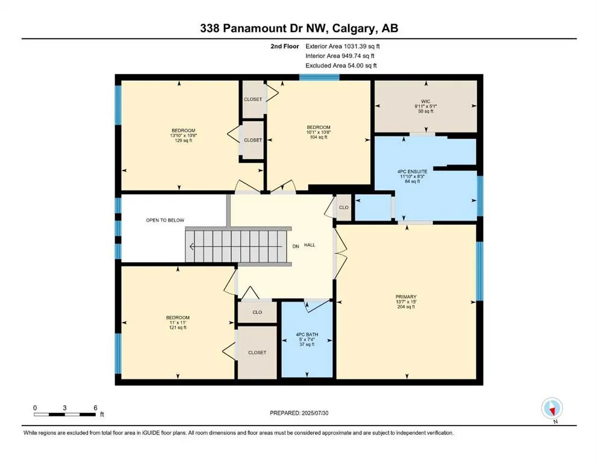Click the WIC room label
tap(426, 101)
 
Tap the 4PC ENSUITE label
tap(413, 172)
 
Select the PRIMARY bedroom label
tap(406, 297)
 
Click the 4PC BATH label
tap(307, 335)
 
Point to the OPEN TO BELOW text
tap(165, 220)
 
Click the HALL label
tap(310, 245)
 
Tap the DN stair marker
tap(296, 247)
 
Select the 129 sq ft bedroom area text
tap(184, 140)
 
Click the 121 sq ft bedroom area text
tap(178, 327)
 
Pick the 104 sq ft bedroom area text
tap(319, 137)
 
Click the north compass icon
tap(552, 409)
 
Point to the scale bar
tap(65, 414)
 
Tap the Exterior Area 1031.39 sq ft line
tap(343, 46)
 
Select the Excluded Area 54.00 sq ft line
tap(341, 65)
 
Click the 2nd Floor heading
tap(284, 46)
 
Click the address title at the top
tap(299, 28)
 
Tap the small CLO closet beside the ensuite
tap(344, 207)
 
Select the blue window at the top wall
tap(319, 77)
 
